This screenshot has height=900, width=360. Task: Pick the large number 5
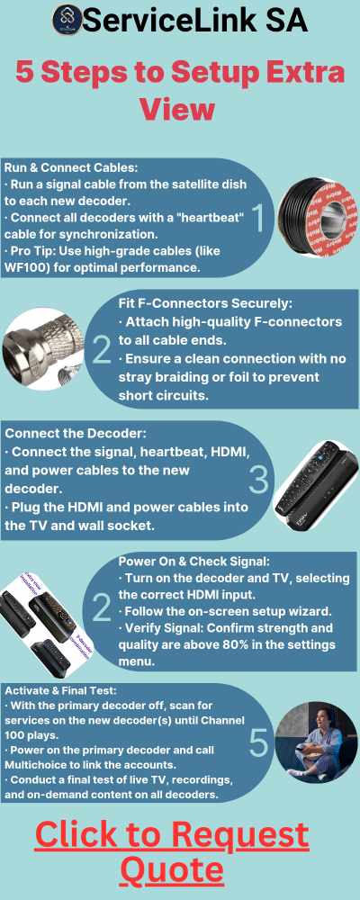point(257,744)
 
